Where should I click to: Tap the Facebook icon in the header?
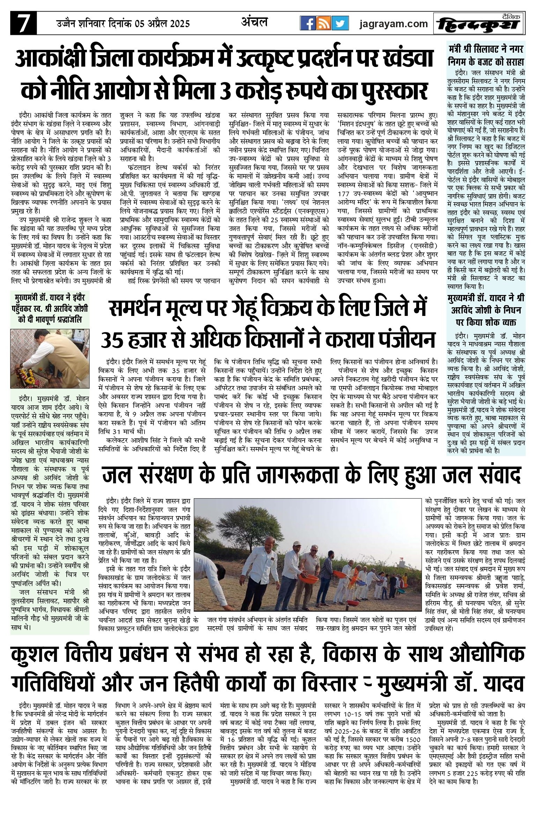point(308,23)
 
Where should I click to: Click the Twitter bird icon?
point(340,23)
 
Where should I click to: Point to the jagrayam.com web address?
point(394,24)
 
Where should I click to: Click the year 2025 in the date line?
point(178,24)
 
